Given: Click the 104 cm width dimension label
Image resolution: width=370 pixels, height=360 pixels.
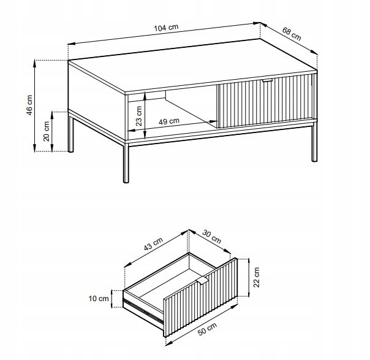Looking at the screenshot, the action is tap(166, 28).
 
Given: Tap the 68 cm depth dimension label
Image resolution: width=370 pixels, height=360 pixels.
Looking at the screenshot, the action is tap(292, 34).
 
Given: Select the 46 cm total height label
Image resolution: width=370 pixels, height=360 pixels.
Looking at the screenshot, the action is tap(29, 105).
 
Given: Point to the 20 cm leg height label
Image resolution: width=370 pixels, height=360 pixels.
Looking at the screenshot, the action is tap(47, 131).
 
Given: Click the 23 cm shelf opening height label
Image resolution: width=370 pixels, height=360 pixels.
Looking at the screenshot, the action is tap(139, 116).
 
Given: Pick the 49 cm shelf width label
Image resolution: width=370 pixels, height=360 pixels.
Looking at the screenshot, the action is tap(169, 121).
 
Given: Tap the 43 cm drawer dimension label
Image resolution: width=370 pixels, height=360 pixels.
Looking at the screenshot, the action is tap(153, 243).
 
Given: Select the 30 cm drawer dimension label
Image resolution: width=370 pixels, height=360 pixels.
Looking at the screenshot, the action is tap(212, 237).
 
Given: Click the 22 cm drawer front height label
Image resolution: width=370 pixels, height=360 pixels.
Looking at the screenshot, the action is tap(256, 277).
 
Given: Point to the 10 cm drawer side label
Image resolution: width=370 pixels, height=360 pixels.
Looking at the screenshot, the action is tap(99, 299).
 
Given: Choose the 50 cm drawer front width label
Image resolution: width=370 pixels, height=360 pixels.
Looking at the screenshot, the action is tap(207, 329).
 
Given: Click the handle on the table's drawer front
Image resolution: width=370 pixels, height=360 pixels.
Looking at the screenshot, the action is tap(267, 80).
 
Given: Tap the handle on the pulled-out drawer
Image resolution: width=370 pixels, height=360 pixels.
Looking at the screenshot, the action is tap(202, 280).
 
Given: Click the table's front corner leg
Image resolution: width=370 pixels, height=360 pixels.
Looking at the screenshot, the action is tap(126, 163).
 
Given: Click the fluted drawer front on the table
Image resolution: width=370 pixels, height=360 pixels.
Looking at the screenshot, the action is tap(266, 101).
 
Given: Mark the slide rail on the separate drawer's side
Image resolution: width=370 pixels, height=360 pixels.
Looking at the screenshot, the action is tap(143, 310).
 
